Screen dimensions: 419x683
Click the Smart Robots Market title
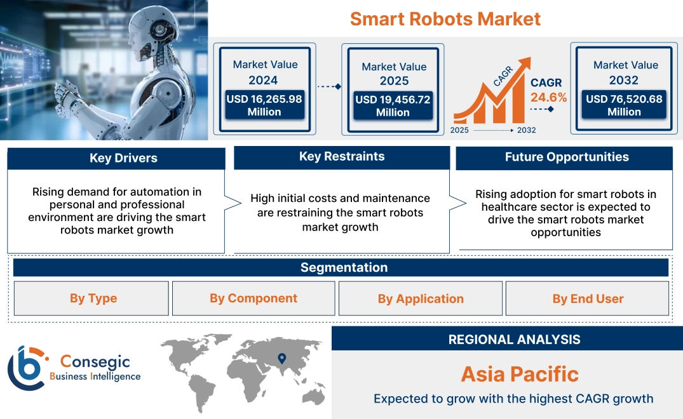(x=445, y=18)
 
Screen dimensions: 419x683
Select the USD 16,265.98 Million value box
(x=264, y=105)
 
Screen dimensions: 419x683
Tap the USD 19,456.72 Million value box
(x=393, y=106)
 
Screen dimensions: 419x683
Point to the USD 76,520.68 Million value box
(x=624, y=105)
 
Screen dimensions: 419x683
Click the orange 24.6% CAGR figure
(x=549, y=98)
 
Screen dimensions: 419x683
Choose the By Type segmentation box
(x=93, y=298)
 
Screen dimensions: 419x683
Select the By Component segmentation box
(x=254, y=298)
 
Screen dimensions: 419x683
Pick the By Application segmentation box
(x=421, y=299)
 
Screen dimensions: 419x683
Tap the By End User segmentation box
(x=588, y=299)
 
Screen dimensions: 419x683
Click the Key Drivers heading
(x=123, y=158)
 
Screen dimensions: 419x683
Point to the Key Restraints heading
(x=342, y=157)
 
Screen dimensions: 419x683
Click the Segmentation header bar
(x=344, y=267)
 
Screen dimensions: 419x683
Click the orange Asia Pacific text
(x=520, y=374)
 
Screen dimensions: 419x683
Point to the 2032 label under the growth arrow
(x=527, y=130)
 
